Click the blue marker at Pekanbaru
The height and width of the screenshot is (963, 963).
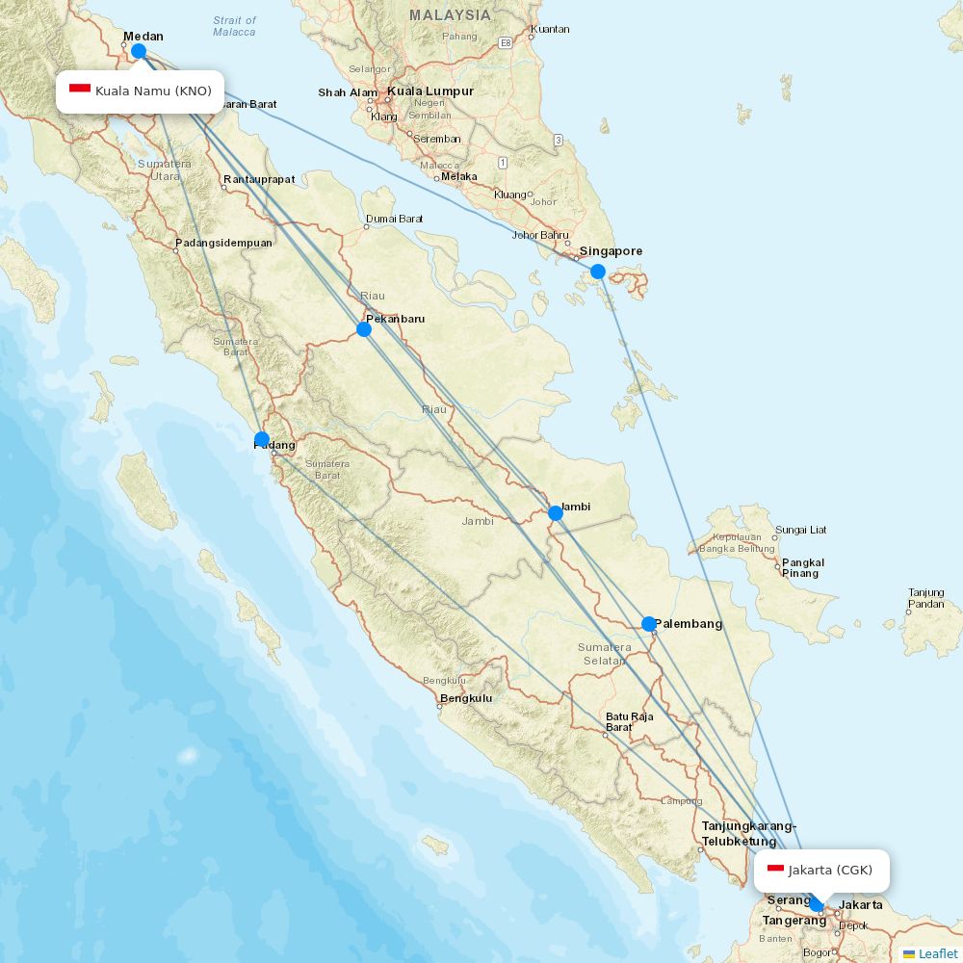click(x=364, y=329)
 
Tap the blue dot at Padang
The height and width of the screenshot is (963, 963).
click(x=262, y=439)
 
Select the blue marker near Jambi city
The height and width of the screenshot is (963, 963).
click(x=556, y=513)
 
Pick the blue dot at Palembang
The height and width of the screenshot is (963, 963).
click(x=649, y=624)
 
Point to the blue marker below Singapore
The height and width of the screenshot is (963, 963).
click(x=598, y=272)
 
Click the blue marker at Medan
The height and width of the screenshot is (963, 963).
click(x=139, y=51)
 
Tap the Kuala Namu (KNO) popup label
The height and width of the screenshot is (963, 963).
click(x=141, y=91)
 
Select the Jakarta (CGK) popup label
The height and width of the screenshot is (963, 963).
click(x=821, y=871)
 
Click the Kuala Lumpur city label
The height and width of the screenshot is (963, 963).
click(x=430, y=91)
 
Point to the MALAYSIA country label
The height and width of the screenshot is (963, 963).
click(x=450, y=15)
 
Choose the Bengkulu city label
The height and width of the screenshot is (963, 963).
click(x=466, y=698)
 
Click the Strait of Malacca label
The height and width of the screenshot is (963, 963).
click(x=235, y=26)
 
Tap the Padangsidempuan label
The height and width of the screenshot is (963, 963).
click(x=223, y=243)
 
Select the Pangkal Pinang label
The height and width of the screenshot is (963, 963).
click(x=803, y=568)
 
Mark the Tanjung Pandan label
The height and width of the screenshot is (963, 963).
click(x=925, y=598)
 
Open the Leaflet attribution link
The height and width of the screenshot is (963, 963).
click(x=938, y=953)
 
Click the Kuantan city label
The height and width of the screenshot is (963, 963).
click(x=550, y=29)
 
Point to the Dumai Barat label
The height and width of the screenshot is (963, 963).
click(x=394, y=219)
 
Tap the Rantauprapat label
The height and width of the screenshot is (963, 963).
click(x=259, y=179)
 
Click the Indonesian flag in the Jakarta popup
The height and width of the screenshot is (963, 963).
click(x=775, y=870)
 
